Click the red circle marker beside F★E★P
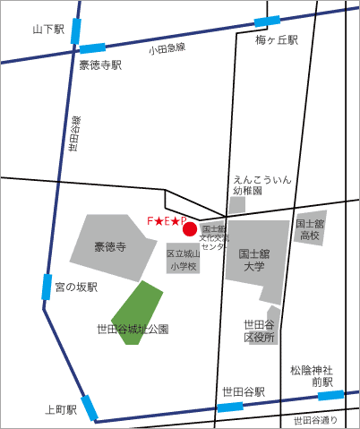click(x=190, y=229)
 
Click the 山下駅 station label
click(x=48, y=30)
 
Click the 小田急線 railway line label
click(x=167, y=49)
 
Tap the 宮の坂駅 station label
click(x=75, y=287)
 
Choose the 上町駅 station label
click(x=60, y=409)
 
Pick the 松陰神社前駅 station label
click(x=311, y=376)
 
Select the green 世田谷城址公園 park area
click(x=136, y=310)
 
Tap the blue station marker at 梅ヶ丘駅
click(x=268, y=21)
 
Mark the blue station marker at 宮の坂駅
click(x=46, y=287)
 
